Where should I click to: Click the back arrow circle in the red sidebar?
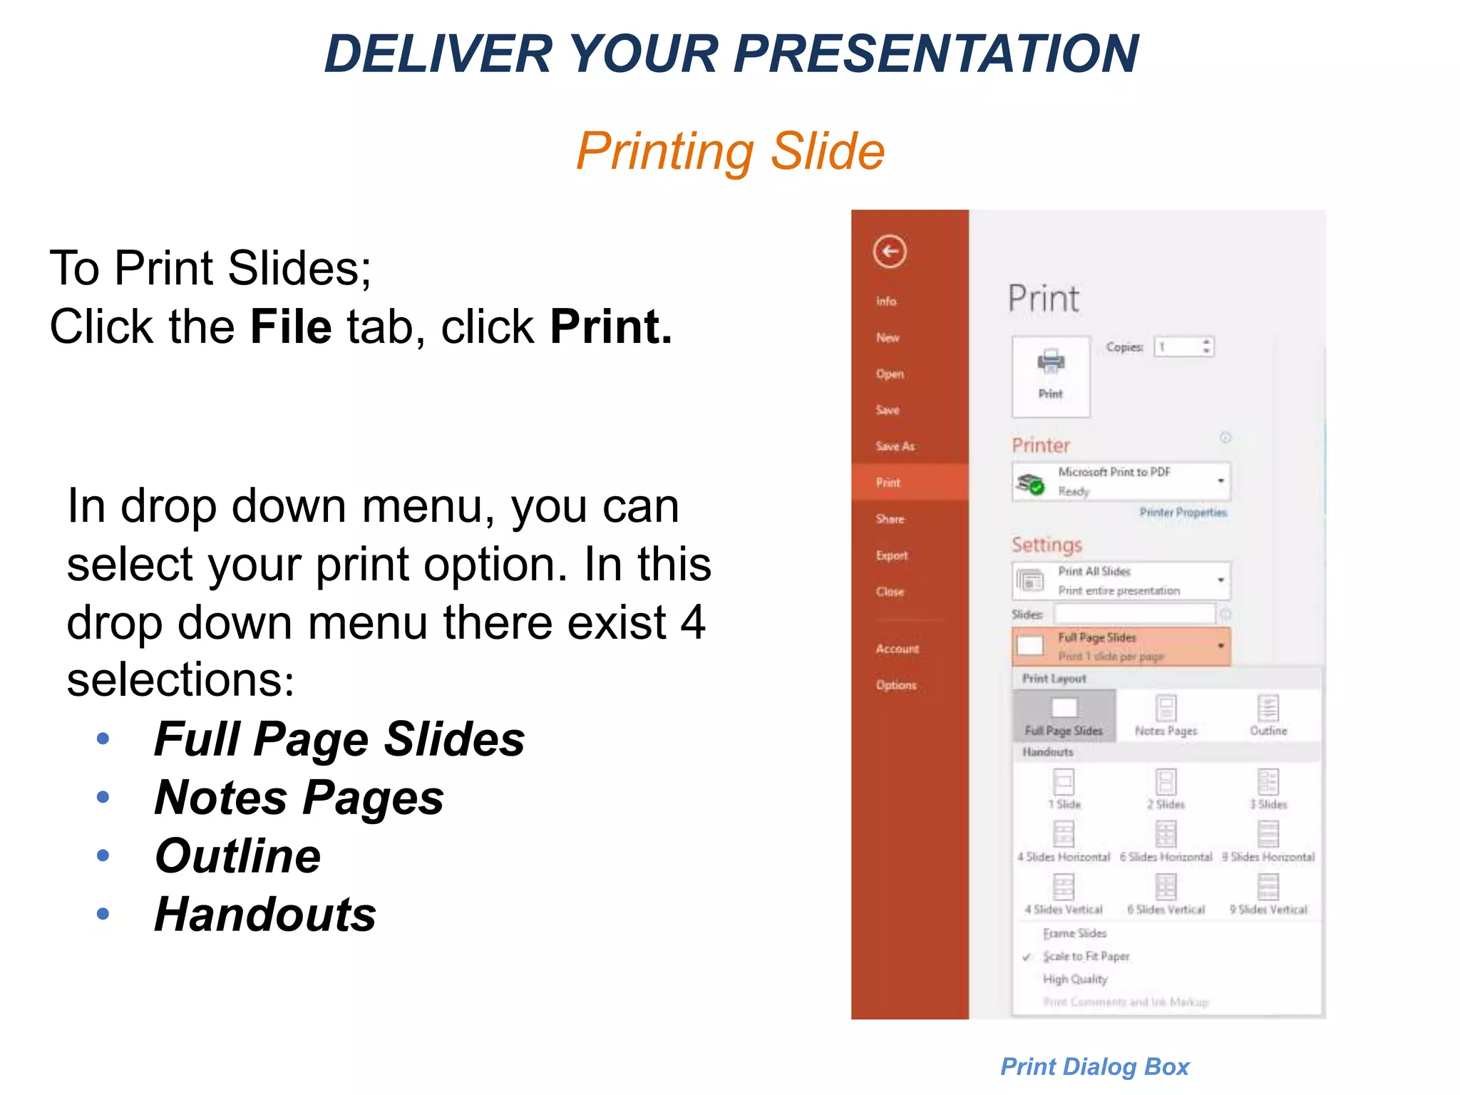[x=889, y=252]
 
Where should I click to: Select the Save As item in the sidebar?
[x=895, y=446]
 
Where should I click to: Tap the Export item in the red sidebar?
[x=892, y=555]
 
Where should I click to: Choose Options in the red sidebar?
[x=896, y=685]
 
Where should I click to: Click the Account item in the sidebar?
[x=897, y=649]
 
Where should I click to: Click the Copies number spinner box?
[x=1183, y=347]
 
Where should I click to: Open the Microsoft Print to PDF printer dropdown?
[x=1121, y=482]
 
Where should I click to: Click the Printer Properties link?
[x=1183, y=512]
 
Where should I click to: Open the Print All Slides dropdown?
[x=1121, y=581]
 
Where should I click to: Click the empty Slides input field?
[x=1134, y=614]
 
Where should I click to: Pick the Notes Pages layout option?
[x=1166, y=716]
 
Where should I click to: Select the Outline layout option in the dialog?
[x=1268, y=716]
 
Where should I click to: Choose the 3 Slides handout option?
[x=1268, y=788]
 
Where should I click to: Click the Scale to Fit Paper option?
[x=1086, y=956]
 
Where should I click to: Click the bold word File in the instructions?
[x=291, y=327]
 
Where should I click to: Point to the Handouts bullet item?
[x=265, y=914]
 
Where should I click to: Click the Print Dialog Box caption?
[x=1094, y=1066]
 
